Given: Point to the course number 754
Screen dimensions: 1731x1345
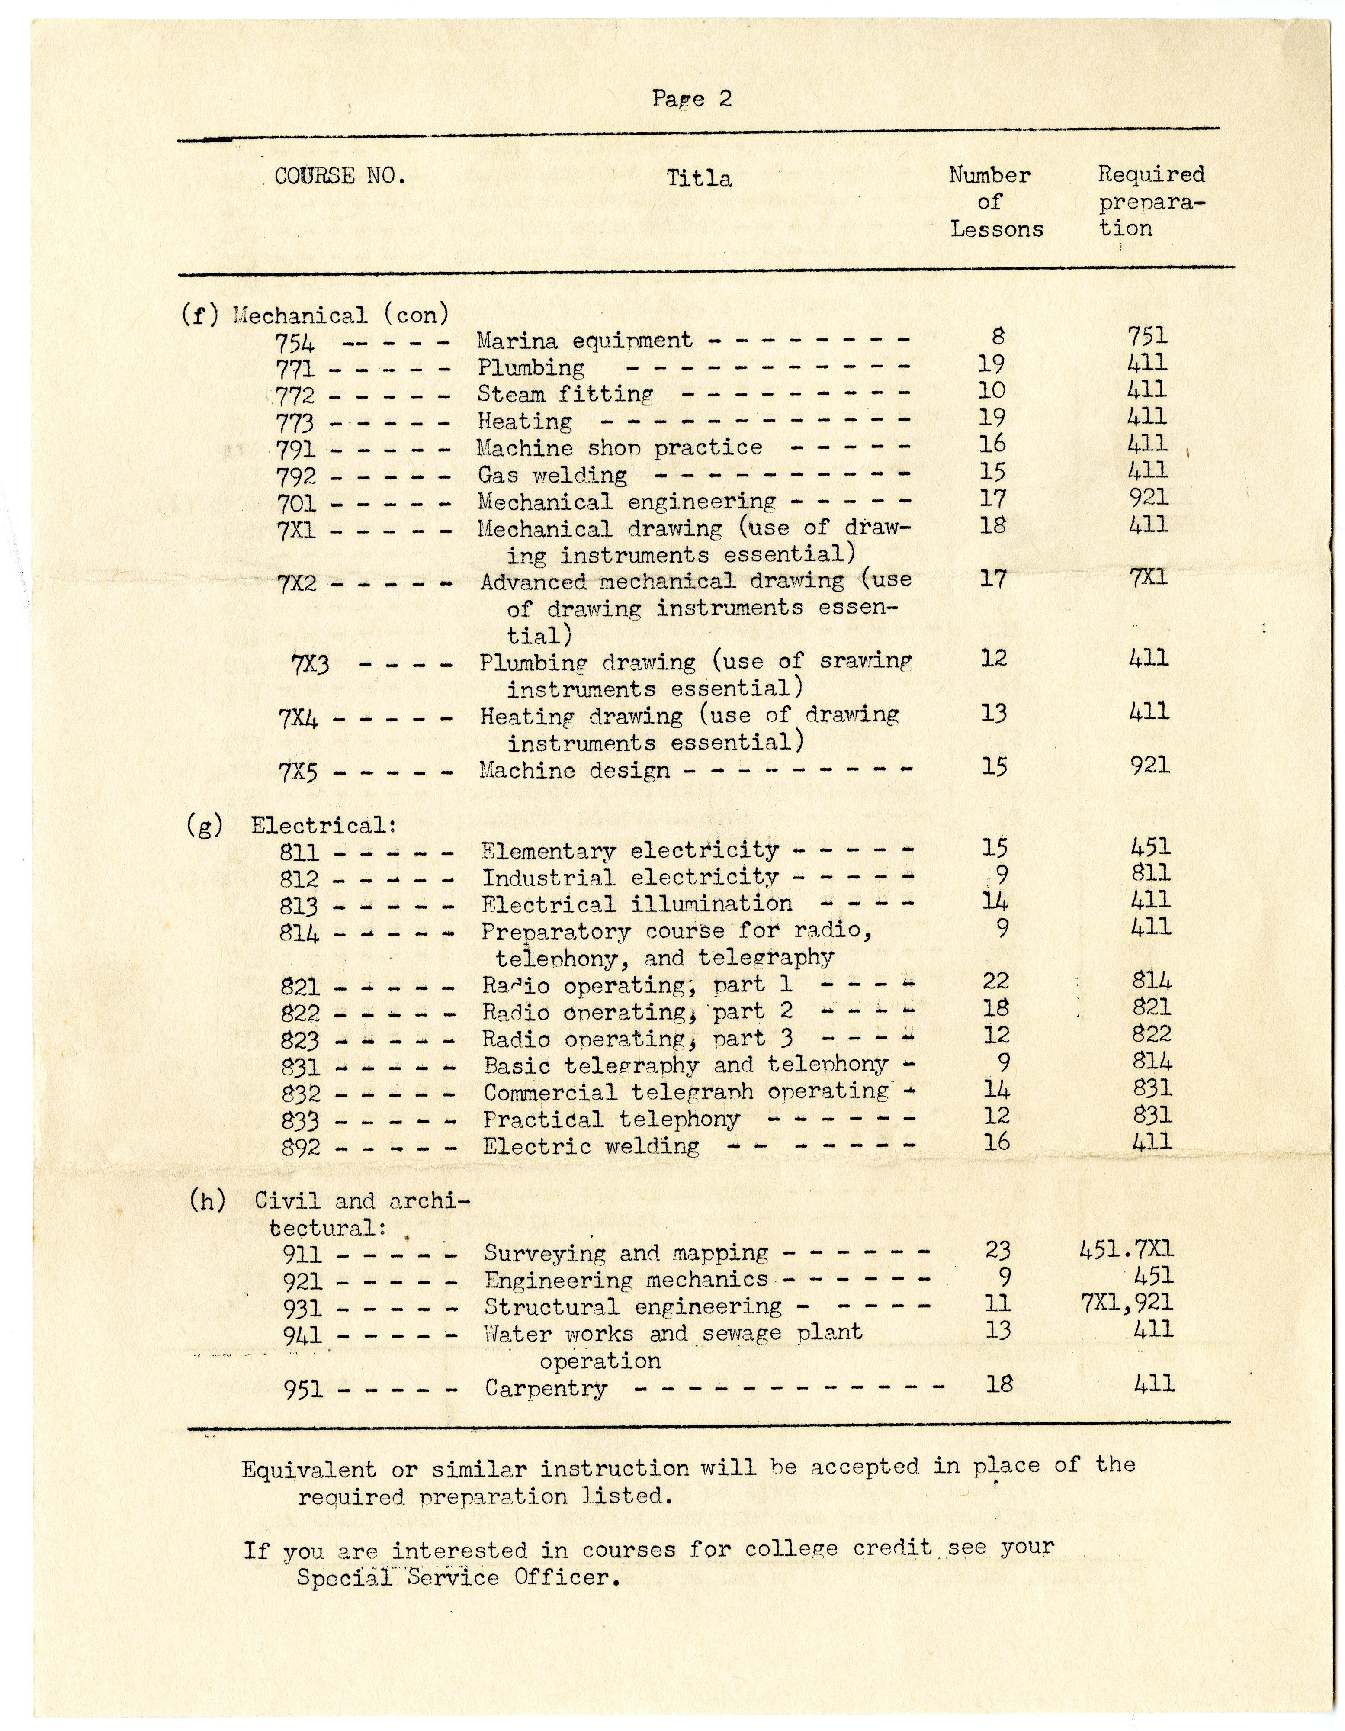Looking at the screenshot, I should point(295,343).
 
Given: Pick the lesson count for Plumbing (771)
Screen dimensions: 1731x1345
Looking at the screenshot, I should point(991,364).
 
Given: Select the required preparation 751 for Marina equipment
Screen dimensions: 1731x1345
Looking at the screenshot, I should point(1148,336).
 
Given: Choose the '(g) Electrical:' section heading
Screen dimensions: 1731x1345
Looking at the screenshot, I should point(292,825).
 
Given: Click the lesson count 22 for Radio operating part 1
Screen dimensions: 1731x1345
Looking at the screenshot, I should point(995,981).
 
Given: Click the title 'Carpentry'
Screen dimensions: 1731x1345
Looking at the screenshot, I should point(546,1388).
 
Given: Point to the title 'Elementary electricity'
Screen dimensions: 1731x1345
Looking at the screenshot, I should point(630,850).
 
